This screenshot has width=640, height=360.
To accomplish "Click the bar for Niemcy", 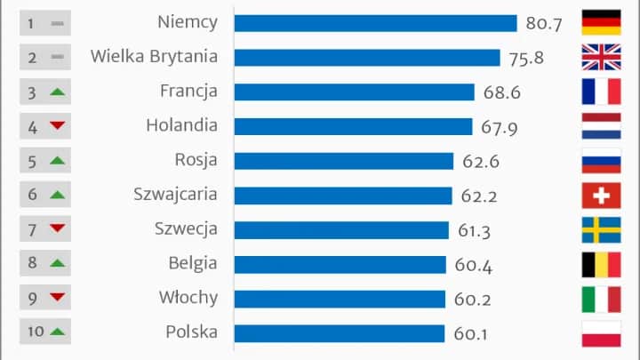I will pyautogui.click(x=375, y=23).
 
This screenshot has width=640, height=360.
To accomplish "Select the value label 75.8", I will pyautogui.click(x=525, y=58).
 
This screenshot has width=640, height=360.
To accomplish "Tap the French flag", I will pyautogui.click(x=600, y=92).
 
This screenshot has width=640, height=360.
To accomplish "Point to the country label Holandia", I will pyautogui.click(x=181, y=126).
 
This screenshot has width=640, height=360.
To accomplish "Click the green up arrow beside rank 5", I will pyautogui.click(x=58, y=161).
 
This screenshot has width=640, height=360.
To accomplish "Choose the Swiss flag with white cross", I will pyautogui.click(x=600, y=195).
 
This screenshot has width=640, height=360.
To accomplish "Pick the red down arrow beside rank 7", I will pyautogui.click(x=58, y=229).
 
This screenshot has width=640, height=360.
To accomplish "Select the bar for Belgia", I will pyautogui.click(x=340, y=264).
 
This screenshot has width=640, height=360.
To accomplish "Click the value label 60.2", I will pyautogui.click(x=471, y=299).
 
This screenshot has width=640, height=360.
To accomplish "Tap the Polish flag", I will pyautogui.click(x=600, y=332).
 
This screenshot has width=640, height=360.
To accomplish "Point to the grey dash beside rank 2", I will pyautogui.click(x=58, y=58).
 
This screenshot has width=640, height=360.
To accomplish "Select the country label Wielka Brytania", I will pyautogui.click(x=154, y=58).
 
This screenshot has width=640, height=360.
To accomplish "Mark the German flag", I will pyautogui.click(x=600, y=23).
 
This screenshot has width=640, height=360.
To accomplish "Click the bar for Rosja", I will pyautogui.click(x=343, y=161).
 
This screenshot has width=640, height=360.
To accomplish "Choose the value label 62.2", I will pyautogui.click(x=481, y=196).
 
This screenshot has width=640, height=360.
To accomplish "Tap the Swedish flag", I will pyautogui.click(x=600, y=229).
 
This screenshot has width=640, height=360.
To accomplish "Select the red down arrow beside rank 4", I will pyautogui.click(x=58, y=126).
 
